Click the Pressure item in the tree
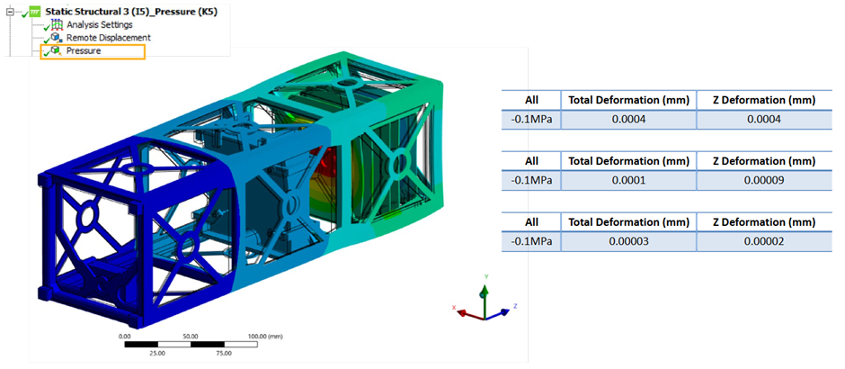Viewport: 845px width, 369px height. (84, 51)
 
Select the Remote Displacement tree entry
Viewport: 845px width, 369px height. (108, 38)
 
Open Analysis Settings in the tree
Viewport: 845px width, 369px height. (100, 25)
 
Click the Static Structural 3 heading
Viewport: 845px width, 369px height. (131, 12)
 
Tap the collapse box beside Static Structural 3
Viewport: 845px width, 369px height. (9, 12)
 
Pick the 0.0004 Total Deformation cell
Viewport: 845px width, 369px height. (628, 120)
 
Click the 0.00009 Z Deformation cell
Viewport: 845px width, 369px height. (763, 181)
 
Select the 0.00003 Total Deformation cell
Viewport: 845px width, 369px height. (628, 242)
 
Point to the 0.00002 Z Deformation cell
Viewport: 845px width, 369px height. (763, 242)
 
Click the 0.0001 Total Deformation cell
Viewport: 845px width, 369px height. (628, 181)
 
